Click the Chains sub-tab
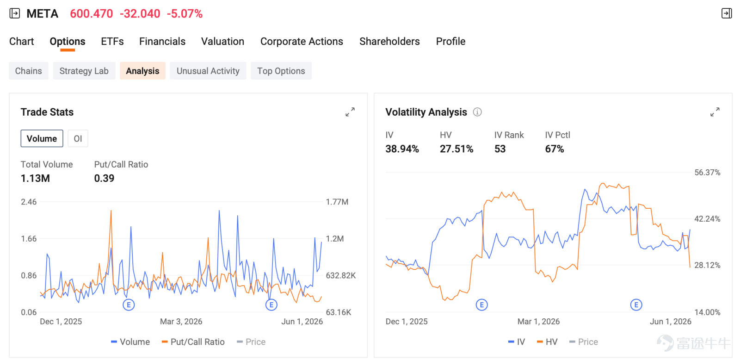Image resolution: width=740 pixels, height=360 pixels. pos(28,71)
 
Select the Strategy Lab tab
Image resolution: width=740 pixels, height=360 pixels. pos(84,71)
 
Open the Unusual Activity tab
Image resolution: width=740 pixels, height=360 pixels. pos(208,71)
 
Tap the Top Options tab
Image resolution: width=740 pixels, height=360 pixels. pos(281,71)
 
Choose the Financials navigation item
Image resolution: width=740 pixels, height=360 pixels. pos(162,41)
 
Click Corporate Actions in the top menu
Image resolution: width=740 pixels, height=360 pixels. pos(302,41)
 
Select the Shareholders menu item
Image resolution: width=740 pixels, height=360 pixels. pos(389,41)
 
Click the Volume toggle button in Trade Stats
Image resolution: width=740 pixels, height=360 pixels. pos(42,138)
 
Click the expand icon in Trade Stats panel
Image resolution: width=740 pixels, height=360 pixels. pos(350,112)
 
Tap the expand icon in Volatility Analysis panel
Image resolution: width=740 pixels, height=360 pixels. pos(715,112)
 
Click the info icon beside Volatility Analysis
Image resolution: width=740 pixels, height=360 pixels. pos(477,112)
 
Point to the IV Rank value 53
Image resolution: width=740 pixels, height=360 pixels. pos(500,149)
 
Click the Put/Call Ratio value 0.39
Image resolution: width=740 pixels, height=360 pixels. pos(104,178)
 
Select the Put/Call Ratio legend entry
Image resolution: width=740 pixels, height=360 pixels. pos(193,342)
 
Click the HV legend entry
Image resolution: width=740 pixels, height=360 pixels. pos(547,342)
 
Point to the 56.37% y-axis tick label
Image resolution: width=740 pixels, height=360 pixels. pos(707,172)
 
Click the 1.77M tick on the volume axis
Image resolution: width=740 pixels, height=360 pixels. pos(337,202)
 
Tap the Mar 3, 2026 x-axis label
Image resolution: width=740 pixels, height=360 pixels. pos(181,321)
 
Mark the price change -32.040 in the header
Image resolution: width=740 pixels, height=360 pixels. pos(140,13)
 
